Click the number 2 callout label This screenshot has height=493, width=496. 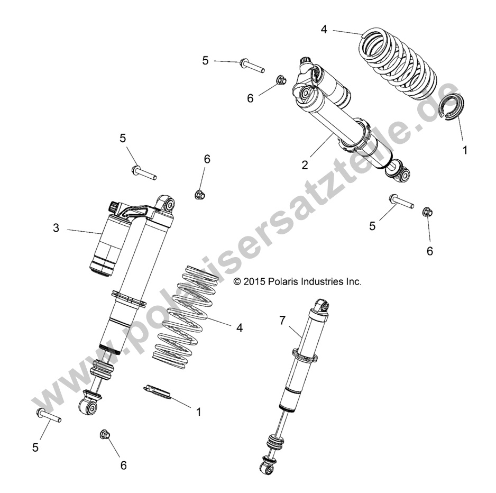[x=305, y=165]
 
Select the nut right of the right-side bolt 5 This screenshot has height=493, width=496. [x=427, y=213]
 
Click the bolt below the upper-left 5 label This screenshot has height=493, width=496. [x=143, y=172]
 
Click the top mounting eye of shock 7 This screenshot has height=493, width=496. [x=324, y=305]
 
